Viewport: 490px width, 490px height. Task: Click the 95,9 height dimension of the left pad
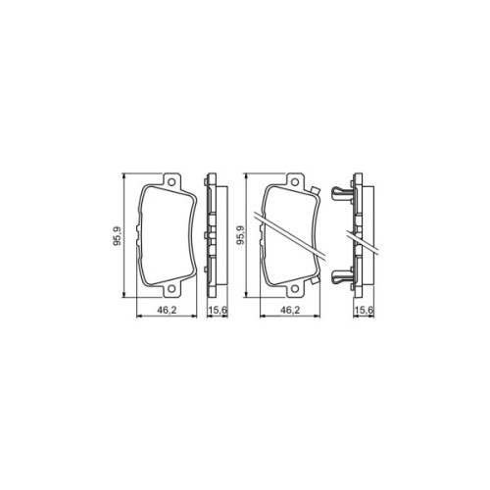[118, 236]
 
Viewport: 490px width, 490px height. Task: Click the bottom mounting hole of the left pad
[170, 290]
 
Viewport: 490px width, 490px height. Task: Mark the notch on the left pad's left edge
[139, 236]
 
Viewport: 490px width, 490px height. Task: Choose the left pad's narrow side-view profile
[209, 237]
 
